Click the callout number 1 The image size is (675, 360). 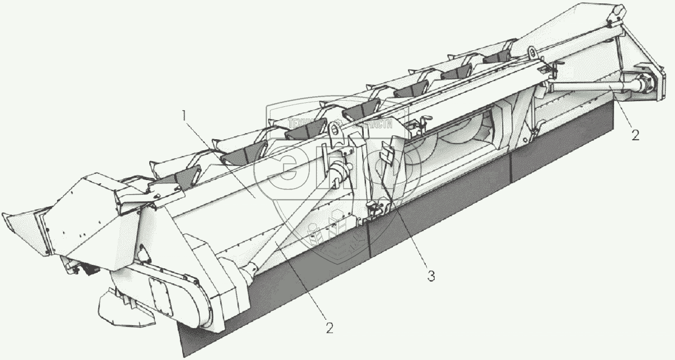(184, 116)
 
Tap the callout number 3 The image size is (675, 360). (430, 275)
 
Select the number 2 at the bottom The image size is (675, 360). (330, 328)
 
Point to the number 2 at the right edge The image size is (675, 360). (635, 135)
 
